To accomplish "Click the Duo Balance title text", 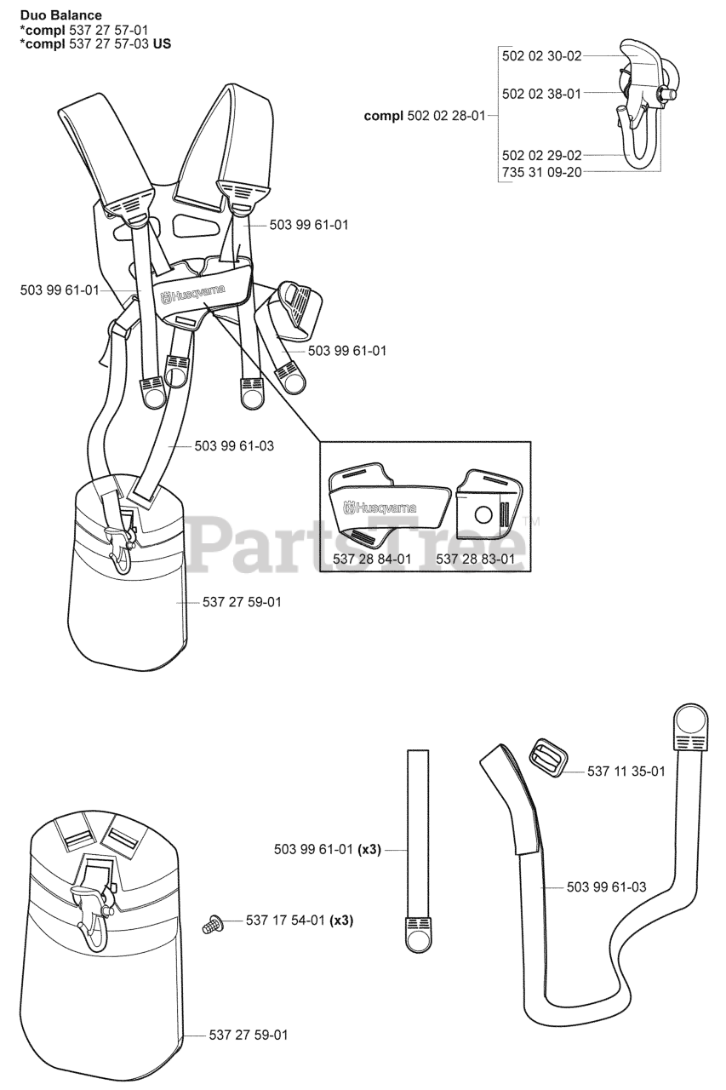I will click(60, 15).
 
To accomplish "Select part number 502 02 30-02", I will click(541, 56).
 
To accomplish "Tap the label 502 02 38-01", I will click(541, 94).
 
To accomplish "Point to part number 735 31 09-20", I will click(541, 171).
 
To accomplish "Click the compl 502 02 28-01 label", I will click(424, 115).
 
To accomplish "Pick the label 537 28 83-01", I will click(475, 559).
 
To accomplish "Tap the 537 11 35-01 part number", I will click(626, 771).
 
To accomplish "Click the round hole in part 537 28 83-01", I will click(483, 514).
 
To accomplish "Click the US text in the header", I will click(161, 43).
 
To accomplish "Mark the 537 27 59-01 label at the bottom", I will click(249, 1035).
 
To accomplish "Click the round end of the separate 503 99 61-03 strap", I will click(690, 723).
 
